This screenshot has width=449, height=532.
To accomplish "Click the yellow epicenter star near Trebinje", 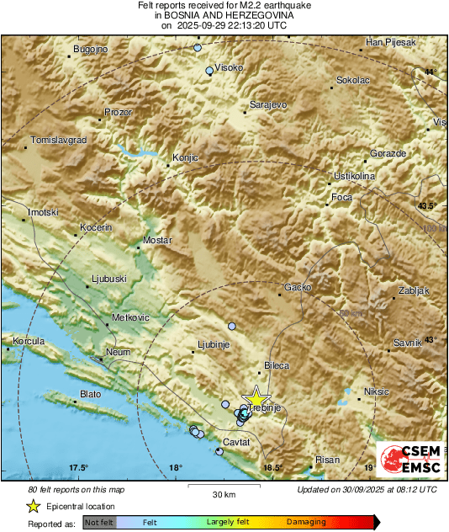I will pos(256,397).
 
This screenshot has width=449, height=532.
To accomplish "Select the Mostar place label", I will pos(157,241).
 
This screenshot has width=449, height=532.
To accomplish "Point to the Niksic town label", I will pos(378,391).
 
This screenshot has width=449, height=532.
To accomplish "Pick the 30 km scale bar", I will pos(223,487).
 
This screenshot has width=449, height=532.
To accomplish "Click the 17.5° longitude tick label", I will pos(78,468).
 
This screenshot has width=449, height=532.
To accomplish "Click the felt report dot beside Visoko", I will pos(209,72).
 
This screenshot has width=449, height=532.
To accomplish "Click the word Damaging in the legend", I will pos(306,522).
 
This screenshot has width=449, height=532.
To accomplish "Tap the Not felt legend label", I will pos(99,523).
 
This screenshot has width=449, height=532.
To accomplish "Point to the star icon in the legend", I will pos(33,506).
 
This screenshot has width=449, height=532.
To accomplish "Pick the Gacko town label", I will pos(298,287).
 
